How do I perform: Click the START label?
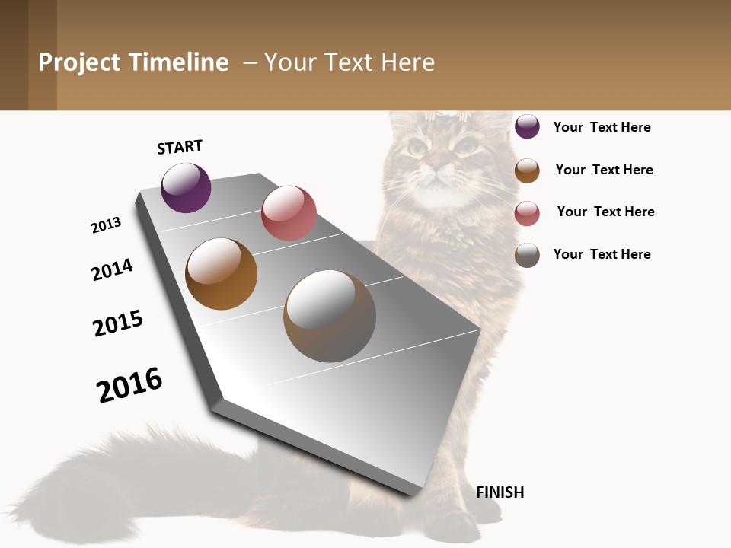[x=180, y=147]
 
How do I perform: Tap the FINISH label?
[x=500, y=492]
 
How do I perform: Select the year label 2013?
[x=106, y=225]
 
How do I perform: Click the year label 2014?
[x=112, y=269]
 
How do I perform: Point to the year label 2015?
[x=118, y=323]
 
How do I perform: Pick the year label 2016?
[x=129, y=384]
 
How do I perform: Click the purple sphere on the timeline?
[x=186, y=187]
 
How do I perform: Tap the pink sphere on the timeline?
[x=289, y=213]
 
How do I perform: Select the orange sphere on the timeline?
[x=221, y=274]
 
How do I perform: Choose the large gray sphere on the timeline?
[x=330, y=316]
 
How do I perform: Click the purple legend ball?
[x=527, y=126]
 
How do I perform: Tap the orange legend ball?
[x=527, y=170]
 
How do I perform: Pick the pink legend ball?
[x=527, y=213]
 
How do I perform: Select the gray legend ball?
[x=527, y=255]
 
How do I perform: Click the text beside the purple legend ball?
[x=602, y=127]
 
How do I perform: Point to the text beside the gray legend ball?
[x=602, y=254]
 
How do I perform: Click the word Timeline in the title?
[x=178, y=62]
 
